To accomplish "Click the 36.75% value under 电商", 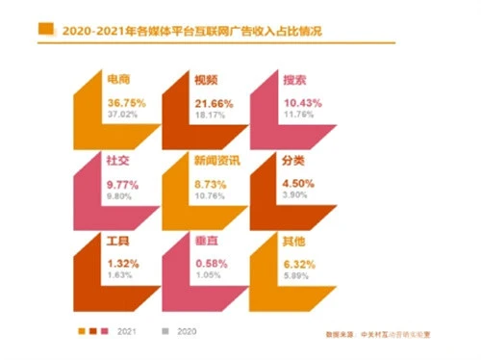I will pyautogui.click(x=125, y=101).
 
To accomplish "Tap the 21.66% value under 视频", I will pyautogui.click(x=213, y=101).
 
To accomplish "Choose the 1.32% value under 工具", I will pyautogui.click(x=121, y=262).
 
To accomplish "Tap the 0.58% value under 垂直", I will pyautogui.click(x=210, y=262).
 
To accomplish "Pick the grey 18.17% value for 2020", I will pyautogui.click(x=210, y=114).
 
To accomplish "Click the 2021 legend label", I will pyautogui.click(x=124, y=330).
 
